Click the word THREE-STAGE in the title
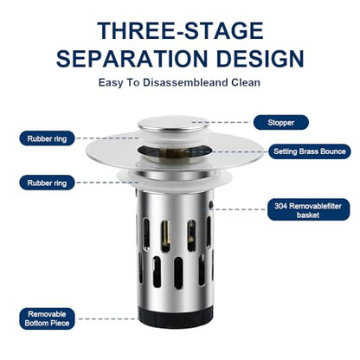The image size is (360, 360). [x=180, y=30]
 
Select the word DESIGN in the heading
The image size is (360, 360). [x=260, y=59]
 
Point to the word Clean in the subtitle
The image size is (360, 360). [x=246, y=82]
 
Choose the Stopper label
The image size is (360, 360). [x=281, y=122]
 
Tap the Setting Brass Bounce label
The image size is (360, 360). [x=310, y=151]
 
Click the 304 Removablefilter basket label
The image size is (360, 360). [x=308, y=210]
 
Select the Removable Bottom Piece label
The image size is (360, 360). [x=47, y=318]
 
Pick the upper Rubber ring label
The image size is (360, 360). [x=47, y=138]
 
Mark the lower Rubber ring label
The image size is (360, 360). [x=47, y=183]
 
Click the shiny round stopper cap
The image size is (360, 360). [x=173, y=125]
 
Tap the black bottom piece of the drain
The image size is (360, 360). [x=176, y=317]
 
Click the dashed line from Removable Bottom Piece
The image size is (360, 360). [x=108, y=318]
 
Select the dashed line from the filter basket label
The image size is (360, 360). [x=240, y=209]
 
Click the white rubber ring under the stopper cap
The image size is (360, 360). [x=173, y=138]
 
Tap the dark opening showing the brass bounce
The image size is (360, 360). [x=174, y=151]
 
